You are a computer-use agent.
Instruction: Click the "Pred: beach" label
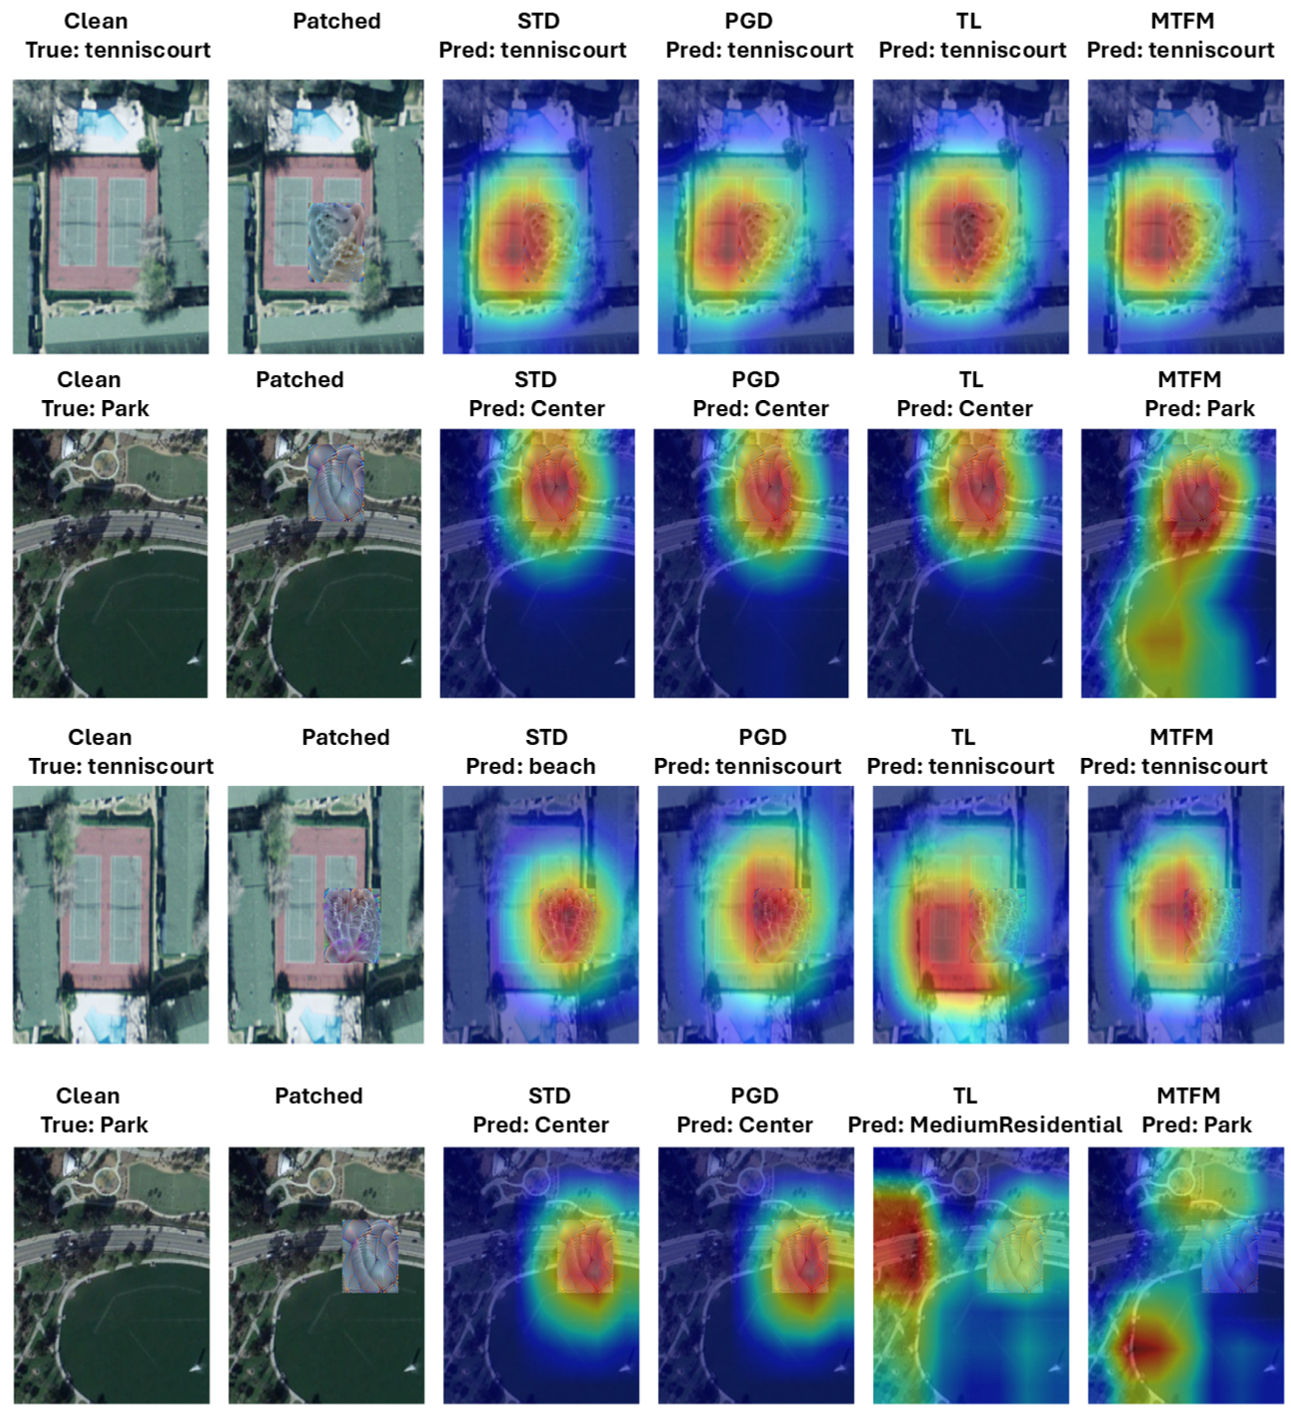pos(531,766)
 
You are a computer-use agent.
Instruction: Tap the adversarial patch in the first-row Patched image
pos(336,242)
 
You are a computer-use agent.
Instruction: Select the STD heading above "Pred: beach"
pos(546,737)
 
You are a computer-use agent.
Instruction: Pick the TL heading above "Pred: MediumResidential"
pos(965,1095)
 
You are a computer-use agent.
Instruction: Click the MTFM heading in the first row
pos(1182,21)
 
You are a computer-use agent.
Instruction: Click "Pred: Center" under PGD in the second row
pos(761,408)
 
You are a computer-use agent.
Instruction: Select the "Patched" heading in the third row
pos(346,737)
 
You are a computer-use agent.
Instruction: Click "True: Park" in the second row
pos(95,408)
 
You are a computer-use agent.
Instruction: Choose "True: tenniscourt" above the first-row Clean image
pos(118,50)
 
